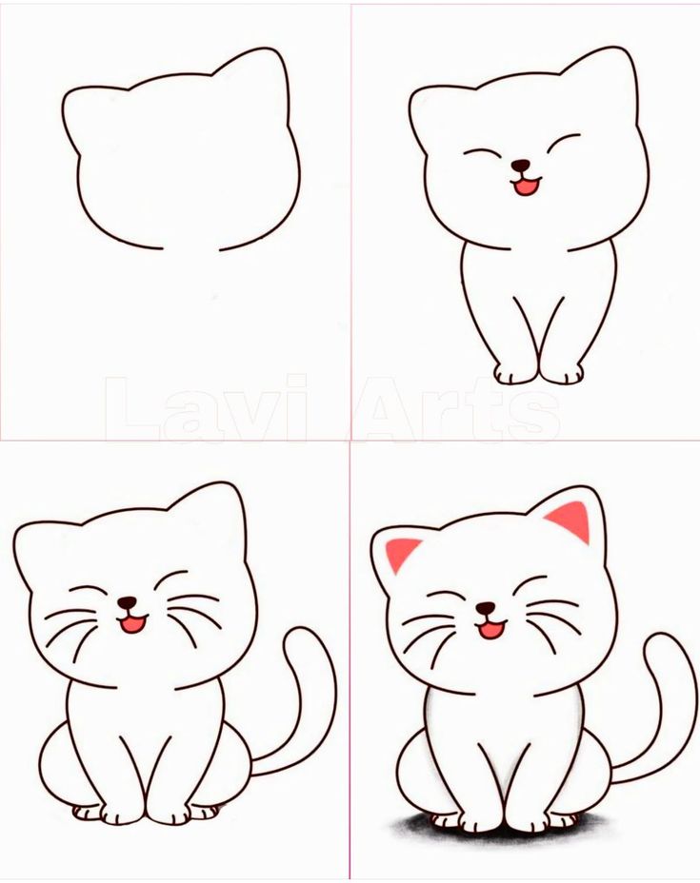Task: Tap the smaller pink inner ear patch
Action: (401, 551)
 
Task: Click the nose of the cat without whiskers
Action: (520, 166)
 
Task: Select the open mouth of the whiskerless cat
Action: (525, 186)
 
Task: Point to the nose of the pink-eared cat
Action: (486, 608)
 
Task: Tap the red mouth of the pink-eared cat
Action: (490, 629)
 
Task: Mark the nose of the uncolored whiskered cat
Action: (126, 602)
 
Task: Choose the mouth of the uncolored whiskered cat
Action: (131, 624)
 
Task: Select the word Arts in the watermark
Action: (457, 409)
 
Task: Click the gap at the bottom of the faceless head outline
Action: (191, 250)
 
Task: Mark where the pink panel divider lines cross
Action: (350, 440)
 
